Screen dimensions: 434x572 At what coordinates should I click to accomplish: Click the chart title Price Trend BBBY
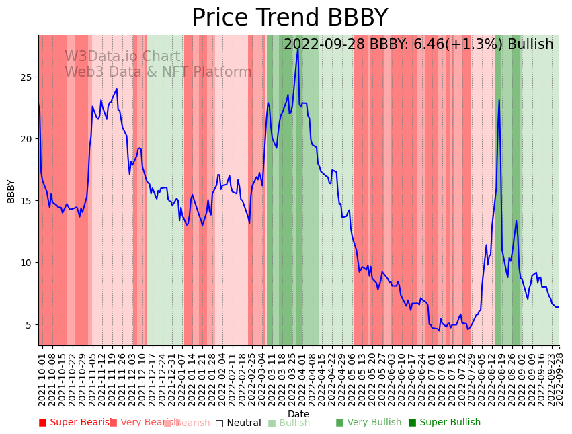[x=290, y=18]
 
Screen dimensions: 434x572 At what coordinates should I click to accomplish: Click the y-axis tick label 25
[x=26, y=77]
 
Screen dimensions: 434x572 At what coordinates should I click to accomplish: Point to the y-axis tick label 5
[x=28, y=324]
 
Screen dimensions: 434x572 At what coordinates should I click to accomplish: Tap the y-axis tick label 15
[x=26, y=201]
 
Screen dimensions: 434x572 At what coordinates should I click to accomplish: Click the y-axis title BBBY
[x=11, y=191]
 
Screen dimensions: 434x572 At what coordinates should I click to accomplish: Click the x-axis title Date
[x=298, y=414]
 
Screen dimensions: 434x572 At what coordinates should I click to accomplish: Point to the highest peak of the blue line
[x=298, y=49]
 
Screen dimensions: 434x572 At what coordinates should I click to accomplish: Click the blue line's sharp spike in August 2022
[x=499, y=100]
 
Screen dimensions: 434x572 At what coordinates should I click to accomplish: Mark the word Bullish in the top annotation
[x=530, y=44]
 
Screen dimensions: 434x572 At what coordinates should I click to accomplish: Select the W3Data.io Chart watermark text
[x=122, y=57]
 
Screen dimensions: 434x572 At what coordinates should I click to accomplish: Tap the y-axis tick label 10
[x=26, y=263]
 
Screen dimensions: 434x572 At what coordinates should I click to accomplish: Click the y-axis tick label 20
[x=26, y=139]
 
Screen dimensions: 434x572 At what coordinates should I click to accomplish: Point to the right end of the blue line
[x=559, y=306]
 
